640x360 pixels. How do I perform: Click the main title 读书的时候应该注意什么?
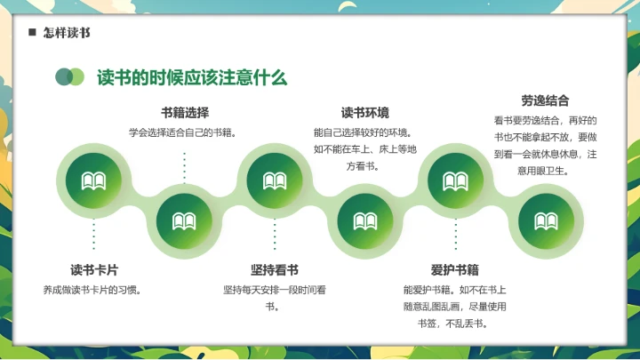pyautogui.click(x=192, y=76)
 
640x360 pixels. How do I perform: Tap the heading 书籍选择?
pyautogui.click(x=185, y=113)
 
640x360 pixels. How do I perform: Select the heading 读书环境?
pyautogui.click(x=364, y=113)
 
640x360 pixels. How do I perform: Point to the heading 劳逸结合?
pyautogui.click(x=545, y=100)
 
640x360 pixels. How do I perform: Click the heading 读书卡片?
pyautogui.click(x=94, y=269)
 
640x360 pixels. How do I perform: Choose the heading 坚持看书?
pyautogui.click(x=275, y=269)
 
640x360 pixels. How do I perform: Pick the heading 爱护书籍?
pyautogui.click(x=455, y=269)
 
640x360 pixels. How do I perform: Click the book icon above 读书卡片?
pyautogui.click(x=94, y=181)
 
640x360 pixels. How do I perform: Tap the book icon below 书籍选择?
pyautogui.click(x=184, y=221)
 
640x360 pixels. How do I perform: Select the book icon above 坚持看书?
pyautogui.click(x=275, y=181)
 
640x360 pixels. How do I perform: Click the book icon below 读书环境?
pyautogui.click(x=364, y=221)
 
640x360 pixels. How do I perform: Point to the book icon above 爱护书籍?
pyautogui.click(x=455, y=181)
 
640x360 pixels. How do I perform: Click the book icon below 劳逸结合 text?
pyautogui.click(x=545, y=221)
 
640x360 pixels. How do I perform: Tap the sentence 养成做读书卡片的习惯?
pyautogui.click(x=93, y=290)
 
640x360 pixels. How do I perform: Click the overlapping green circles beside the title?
pyautogui.click(x=69, y=76)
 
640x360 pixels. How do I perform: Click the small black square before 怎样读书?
pyautogui.click(x=32, y=33)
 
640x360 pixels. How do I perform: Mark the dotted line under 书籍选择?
pyautogui.click(x=184, y=167)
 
